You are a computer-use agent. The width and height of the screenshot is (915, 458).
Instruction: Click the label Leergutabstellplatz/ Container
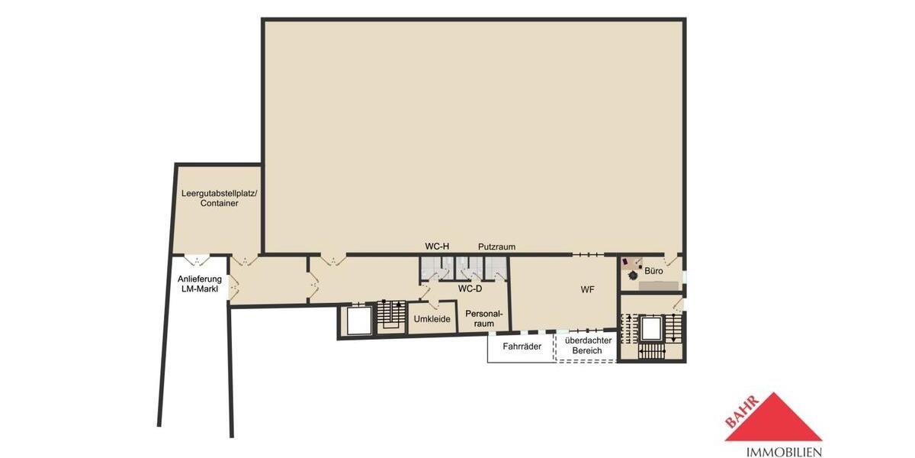pos(219,198)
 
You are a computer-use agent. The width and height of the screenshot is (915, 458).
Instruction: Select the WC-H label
pos(437,246)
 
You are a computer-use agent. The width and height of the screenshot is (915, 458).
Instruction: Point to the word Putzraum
pos(497,247)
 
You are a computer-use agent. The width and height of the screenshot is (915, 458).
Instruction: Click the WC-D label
pos(470,289)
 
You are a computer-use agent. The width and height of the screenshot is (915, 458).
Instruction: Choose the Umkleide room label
pos(432,319)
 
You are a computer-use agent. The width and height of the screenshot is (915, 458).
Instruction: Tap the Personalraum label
pos(484,318)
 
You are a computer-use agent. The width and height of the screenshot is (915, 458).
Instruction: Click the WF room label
pos(587,289)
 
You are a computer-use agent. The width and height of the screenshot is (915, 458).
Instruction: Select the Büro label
pos(653,271)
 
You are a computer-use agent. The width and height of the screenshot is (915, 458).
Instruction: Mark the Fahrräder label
pos(522,346)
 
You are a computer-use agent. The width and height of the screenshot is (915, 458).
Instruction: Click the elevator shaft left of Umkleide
pos(356,321)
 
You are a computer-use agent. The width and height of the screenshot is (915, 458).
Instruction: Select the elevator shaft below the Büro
pos(651,329)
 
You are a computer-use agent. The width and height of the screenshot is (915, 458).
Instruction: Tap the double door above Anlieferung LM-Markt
pos(197,260)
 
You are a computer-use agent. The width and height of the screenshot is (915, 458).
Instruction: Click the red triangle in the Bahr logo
pos(773,420)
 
